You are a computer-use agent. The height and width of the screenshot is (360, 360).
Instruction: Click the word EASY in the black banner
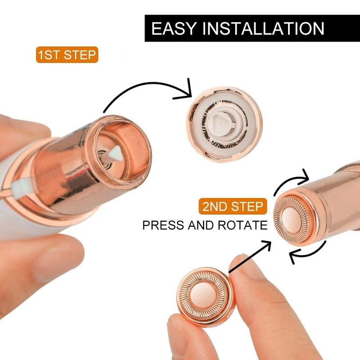tap(174, 28)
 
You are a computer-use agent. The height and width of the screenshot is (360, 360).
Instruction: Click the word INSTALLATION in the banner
tap(263, 28)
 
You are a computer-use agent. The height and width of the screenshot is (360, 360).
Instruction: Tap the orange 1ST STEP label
tap(67, 55)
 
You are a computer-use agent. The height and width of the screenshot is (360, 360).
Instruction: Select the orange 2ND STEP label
tap(233, 206)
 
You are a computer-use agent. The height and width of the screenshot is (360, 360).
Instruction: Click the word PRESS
tap(163, 225)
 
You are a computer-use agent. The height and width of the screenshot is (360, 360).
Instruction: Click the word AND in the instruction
tap(201, 225)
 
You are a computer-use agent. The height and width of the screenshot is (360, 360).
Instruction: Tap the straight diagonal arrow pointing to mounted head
tap(250, 256)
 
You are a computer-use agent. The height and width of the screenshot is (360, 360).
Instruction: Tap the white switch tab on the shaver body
tap(20, 188)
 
